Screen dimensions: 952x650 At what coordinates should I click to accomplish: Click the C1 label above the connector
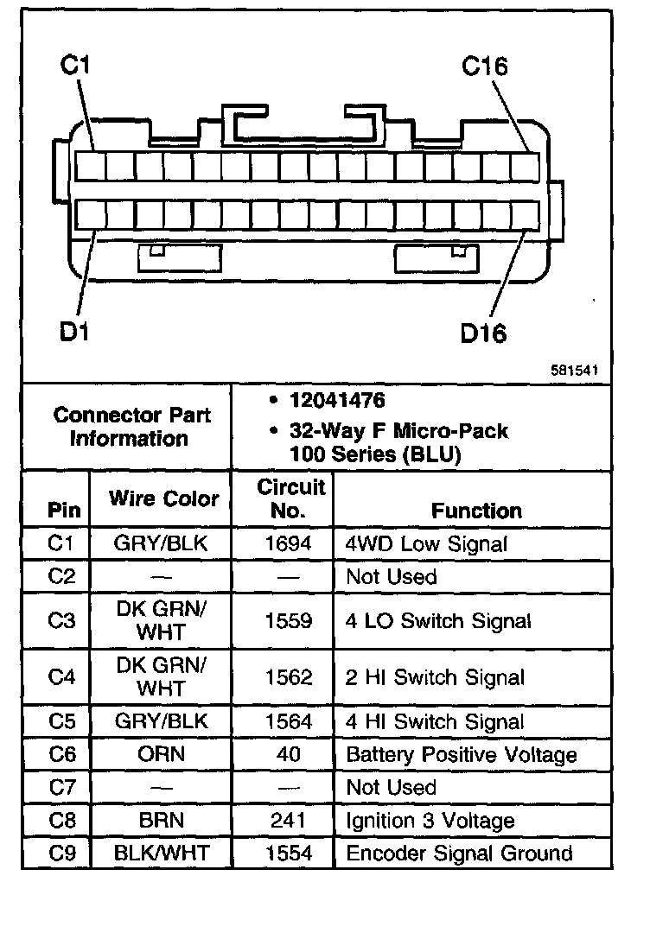click(x=77, y=67)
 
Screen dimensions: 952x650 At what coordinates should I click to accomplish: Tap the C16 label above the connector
click(x=484, y=67)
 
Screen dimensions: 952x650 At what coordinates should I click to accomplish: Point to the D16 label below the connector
click(x=483, y=332)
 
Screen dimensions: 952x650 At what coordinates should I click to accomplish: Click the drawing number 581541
click(x=575, y=370)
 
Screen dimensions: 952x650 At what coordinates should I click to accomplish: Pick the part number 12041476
click(x=338, y=401)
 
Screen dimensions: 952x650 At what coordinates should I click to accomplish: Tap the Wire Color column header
click(x=163, y=498)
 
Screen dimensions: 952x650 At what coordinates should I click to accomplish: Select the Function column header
click(x=476, y=511)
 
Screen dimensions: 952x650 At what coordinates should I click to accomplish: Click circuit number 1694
click(x=289, y=543)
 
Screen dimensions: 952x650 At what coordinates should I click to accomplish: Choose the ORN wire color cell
click(x=161, y=754)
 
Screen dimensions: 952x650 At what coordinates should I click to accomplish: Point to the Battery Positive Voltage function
click(x=461, y=754)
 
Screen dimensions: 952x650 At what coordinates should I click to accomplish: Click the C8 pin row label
click(x=63, y=821)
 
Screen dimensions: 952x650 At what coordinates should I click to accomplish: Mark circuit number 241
click(x=289, y=821)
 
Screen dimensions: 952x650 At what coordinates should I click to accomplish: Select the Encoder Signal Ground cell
click(x=459, y=854)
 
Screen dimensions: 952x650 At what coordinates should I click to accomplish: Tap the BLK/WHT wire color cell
click(x=162, y=854)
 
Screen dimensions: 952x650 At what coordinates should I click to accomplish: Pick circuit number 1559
click(x=289, y=621)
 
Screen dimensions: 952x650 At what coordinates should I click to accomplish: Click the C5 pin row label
click(x=63, y=721)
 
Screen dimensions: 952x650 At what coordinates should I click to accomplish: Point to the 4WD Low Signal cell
click(x=426, y=543)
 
